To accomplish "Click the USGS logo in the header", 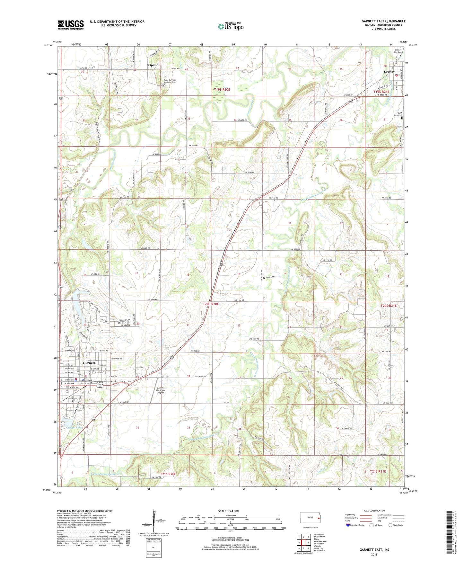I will coord(71,25).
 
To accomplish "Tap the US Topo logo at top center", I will coord(231,26).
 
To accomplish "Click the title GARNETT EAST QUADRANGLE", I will coord(383,21).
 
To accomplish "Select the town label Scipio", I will coord(151,65).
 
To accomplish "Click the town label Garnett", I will coord(89,363).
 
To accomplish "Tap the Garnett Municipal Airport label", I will coord(161,390).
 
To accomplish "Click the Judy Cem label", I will coord(270,277).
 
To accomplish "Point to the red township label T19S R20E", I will coord(222,90).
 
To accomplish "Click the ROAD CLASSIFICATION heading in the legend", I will coord(374,511).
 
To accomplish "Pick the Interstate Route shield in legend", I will coord(348,525).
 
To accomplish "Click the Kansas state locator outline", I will coord(310,518).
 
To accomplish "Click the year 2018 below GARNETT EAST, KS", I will coord(374,554).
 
